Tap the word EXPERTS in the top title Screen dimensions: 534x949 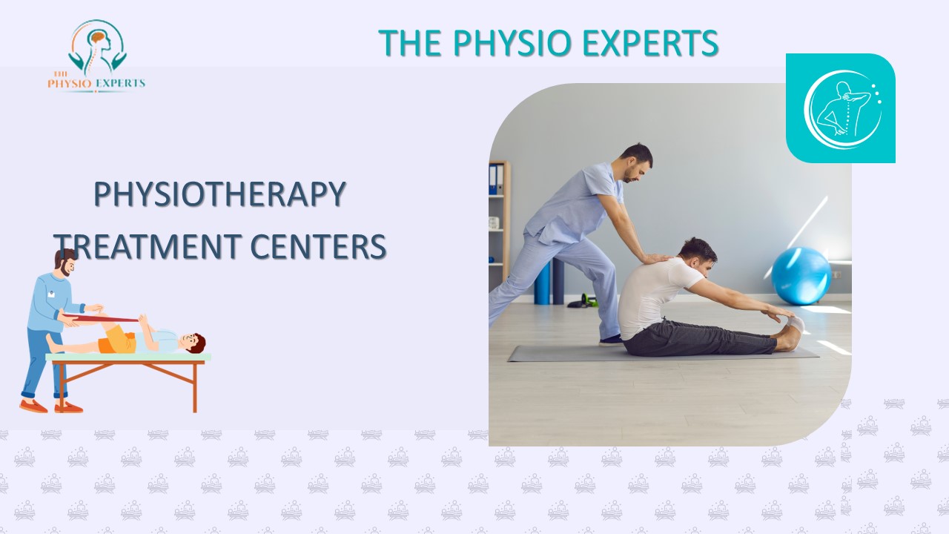650,44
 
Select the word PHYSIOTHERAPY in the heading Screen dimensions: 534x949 220,195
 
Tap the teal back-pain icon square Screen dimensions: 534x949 840,108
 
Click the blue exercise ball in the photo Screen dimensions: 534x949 801,276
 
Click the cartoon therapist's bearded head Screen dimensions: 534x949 66,263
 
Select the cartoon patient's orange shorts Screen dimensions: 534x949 117,340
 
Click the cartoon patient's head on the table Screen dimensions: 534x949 192,343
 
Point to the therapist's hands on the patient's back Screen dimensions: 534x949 656,259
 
